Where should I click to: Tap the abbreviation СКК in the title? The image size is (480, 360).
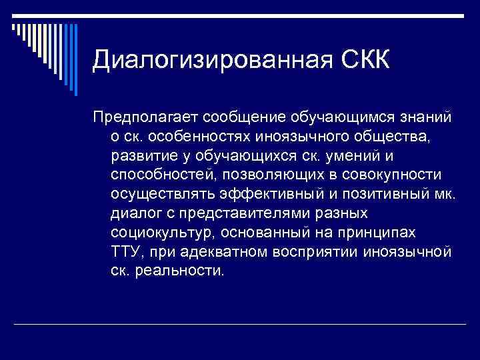(359, 61)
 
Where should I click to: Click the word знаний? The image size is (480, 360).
(423, 117)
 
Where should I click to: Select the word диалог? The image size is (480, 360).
(135, 214)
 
